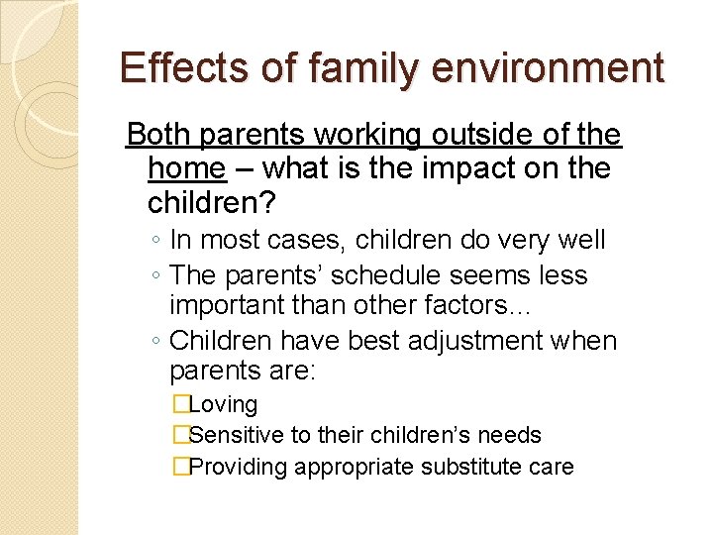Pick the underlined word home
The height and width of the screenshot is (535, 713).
pos(185,168)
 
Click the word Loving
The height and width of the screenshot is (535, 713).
pos(223,405)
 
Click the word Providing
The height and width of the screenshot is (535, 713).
pos(238,467)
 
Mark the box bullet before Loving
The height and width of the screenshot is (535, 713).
pos(180,405)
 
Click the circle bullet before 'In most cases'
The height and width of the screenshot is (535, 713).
pos(157,242)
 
